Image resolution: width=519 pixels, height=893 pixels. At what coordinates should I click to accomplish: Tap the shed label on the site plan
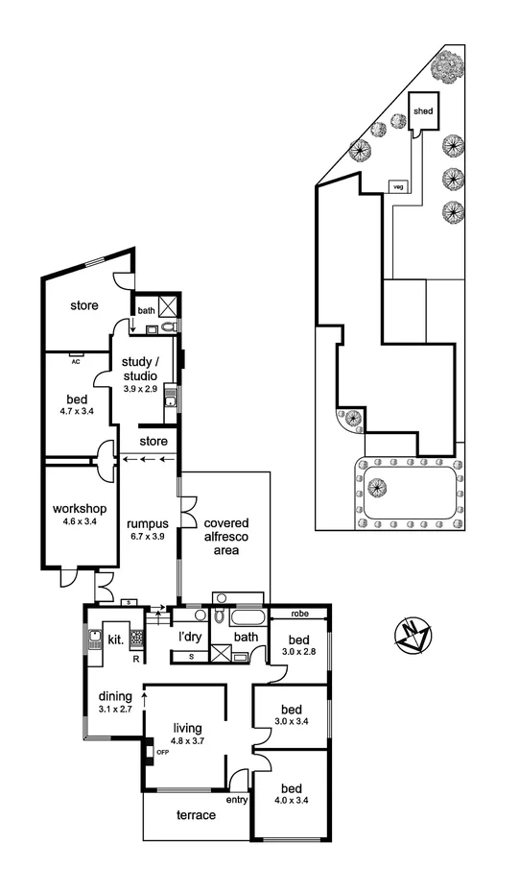tap(423, 111)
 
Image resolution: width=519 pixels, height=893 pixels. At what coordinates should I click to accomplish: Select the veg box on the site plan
tap(396, 186)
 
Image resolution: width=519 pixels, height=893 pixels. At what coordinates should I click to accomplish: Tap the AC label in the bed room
tap(75, 362)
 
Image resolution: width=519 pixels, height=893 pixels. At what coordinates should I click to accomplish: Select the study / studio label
tap(146, 369)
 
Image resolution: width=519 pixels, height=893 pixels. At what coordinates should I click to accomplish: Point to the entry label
tap(236, 799)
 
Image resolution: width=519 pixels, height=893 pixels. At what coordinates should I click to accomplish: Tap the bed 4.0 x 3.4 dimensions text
tap(292, 799)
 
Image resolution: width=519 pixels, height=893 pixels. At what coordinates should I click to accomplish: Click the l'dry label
tap(189, 637)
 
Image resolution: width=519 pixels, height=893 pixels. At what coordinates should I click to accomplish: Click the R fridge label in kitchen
tap(135, 660)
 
